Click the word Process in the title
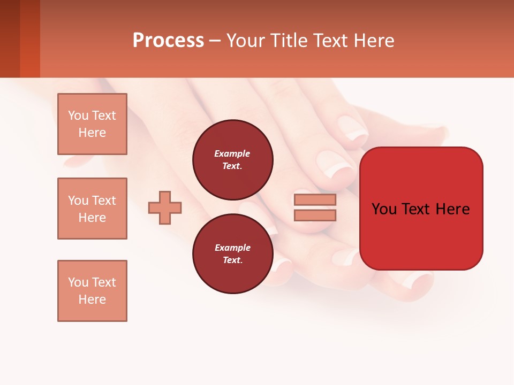coord(168,41)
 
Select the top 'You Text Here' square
coord(92,124)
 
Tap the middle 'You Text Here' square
coord(92,209)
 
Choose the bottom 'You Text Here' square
coord(92,291)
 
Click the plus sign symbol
coord(165,207)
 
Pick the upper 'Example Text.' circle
coord(232,159)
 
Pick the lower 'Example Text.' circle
coord(232,253)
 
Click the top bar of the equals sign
coord(315,200)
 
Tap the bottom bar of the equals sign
coord(315,215)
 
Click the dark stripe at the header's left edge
coord(10,38)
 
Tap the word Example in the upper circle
coord(232,153)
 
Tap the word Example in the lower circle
coord(232,248)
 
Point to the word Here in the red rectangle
coord(453,209)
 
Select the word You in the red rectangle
coord(384,209)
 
